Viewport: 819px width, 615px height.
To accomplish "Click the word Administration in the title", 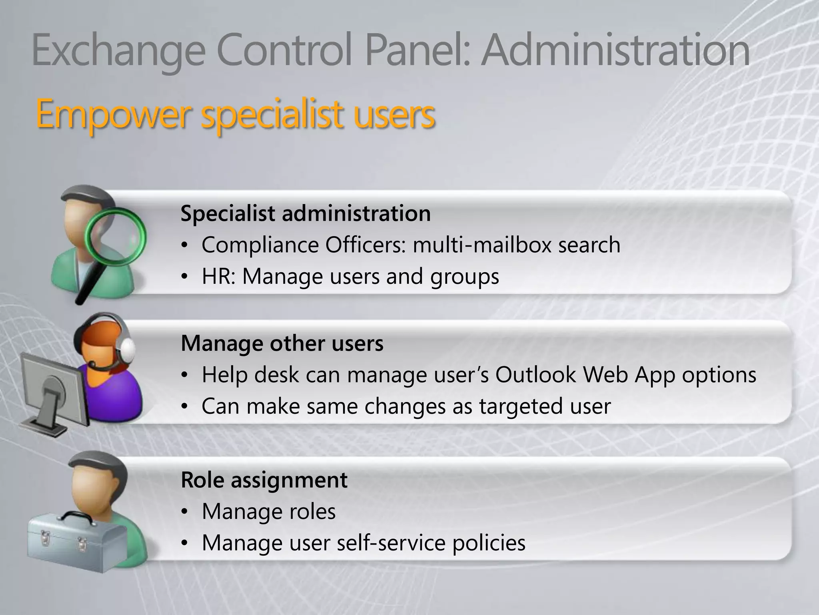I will (615, 51).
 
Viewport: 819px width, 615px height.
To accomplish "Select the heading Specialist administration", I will (306, 213).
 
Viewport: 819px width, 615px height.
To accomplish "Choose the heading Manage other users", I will (282, 343).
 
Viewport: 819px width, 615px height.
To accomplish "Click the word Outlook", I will (536, 375).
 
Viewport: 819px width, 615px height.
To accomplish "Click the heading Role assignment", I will (264, 480).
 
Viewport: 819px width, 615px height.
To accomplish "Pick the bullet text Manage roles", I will (269, 511).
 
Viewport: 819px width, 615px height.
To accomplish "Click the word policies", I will (489, 543).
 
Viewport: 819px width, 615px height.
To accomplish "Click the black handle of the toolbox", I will (78, 517).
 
